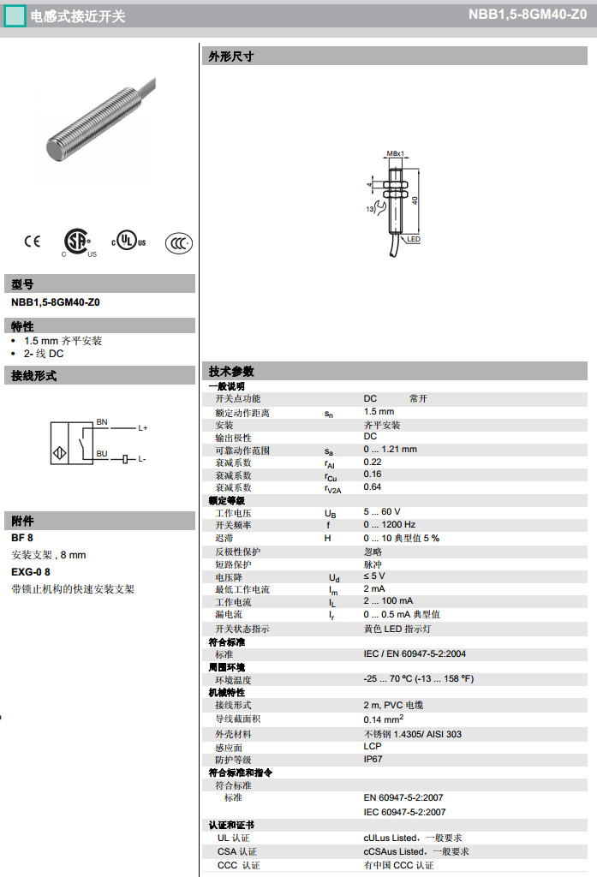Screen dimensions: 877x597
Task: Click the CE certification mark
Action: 32,242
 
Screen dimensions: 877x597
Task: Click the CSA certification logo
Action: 79,242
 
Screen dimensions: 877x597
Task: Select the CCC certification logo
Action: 178,242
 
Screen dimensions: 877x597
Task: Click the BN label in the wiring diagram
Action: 102,422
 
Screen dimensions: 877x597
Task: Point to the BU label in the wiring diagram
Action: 102,454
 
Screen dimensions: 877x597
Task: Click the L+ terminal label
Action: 142,427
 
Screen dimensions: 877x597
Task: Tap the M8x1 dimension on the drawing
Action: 395,153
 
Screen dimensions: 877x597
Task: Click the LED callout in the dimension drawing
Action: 414,240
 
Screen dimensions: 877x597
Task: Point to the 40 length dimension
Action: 415,200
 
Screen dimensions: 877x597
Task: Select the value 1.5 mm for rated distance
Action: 379,412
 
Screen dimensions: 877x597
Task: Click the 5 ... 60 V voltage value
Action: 382,512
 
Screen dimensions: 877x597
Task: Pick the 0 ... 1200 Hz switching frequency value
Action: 390,525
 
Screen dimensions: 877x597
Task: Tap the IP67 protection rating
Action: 373,759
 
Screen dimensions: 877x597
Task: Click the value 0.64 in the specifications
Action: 373,487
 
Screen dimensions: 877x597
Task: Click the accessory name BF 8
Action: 22,538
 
